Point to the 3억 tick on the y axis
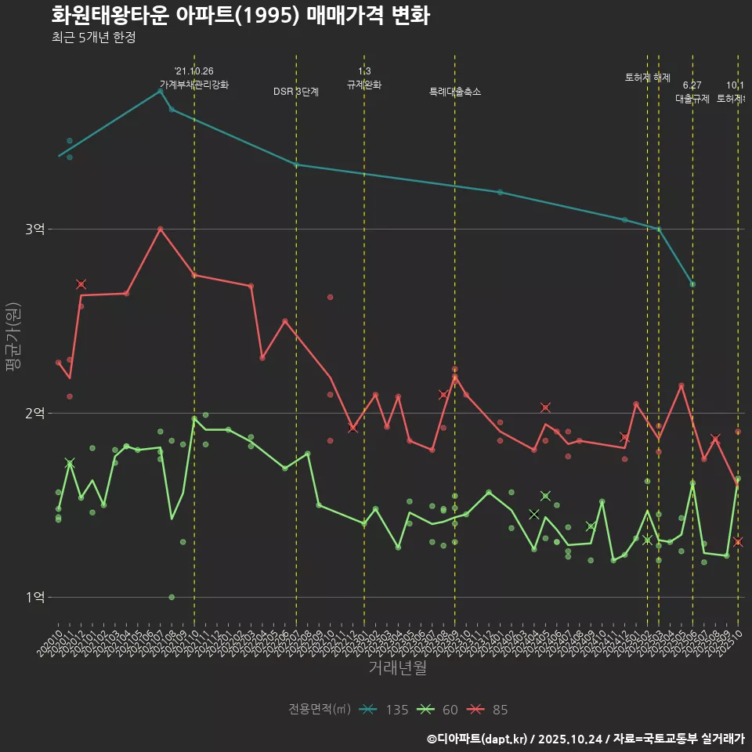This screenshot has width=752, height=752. point(35,229)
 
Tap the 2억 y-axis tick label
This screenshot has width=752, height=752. point(35,413)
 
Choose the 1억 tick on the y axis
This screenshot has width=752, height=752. point(35,597)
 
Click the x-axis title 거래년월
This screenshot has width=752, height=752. point(398,668)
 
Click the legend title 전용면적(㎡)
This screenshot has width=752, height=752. point(320,710)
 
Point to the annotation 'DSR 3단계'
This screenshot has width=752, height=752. point(296,92)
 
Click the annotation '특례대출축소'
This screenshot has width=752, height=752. point(455,92)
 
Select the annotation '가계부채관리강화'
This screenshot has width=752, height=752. point(194,85)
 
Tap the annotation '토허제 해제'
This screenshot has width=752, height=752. point(648,78)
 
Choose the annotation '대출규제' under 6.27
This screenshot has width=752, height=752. point(692,99)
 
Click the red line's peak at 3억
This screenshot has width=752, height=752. point(160,229)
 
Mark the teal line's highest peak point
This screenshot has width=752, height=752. point(160,91)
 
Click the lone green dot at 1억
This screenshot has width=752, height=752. point(172,597)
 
